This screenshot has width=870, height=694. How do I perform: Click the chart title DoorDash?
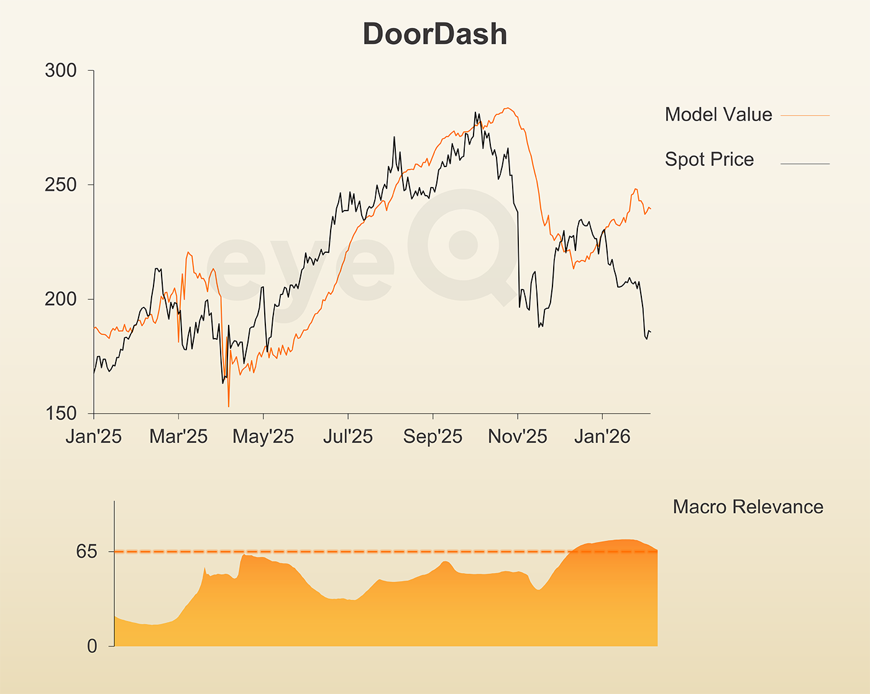tap(435, 34)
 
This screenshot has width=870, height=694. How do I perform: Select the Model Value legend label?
tap(718, 114)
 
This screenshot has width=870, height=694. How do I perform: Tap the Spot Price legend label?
tap(709, 159)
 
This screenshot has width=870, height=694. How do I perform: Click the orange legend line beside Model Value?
tap(805, 116)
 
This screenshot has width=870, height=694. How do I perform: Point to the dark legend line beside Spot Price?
tap(805, 164)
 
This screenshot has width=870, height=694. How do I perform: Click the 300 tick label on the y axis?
tap(61, 71)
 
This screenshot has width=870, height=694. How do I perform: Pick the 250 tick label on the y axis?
tap(61, 185)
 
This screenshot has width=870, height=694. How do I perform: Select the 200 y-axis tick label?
tap(61, 299)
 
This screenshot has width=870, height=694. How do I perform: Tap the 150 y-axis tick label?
tap(61, 414)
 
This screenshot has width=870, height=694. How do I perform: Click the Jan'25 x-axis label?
tap(94, 437)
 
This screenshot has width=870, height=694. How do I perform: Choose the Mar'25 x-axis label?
tap(178, 437)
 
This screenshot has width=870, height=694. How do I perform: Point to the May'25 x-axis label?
tap(263, 437)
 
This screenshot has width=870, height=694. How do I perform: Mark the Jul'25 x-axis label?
tap(348, 437)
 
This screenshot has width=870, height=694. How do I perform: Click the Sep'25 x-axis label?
tap(433, 437)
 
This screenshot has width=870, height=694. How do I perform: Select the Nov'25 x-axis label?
tap(518, 437)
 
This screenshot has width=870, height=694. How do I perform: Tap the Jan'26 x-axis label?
tap(602, 437)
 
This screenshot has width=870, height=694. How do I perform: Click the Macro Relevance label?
tap(748, 507)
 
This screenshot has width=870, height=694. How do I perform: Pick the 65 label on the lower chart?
tap(87, 552)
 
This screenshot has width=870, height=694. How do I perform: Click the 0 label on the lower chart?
tap(92, 647)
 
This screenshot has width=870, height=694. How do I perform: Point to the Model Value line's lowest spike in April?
tap(229, 406)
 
